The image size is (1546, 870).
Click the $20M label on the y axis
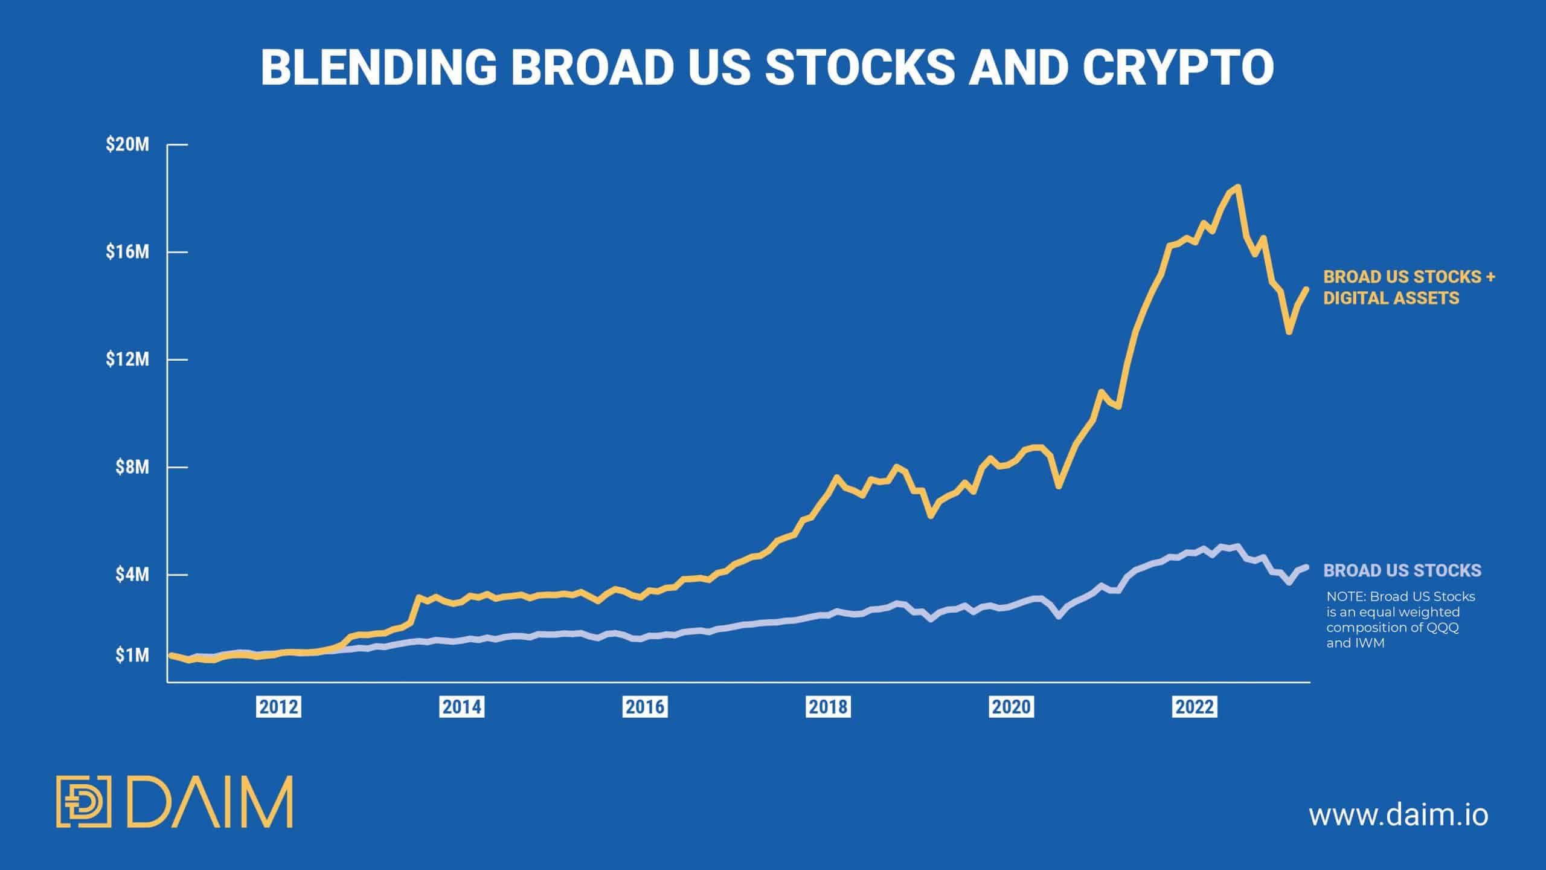point(127,145)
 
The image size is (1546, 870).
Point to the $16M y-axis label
point(127,252)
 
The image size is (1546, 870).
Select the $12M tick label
point(127,359)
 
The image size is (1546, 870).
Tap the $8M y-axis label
point(132,467)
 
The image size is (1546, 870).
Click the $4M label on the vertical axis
point(132,575)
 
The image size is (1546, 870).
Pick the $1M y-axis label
point(132,655)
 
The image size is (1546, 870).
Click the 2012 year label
point(278,707)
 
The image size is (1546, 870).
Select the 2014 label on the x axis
point(462,707)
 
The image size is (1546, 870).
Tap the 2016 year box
point(645,707)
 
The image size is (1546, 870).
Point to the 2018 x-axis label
point(828,707)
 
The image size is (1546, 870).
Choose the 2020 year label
point(1012,707)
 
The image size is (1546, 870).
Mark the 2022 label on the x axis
point(1195,707)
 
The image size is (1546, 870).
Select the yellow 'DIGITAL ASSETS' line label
point(1391,298)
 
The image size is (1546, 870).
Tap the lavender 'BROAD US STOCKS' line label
point(1402,570)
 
